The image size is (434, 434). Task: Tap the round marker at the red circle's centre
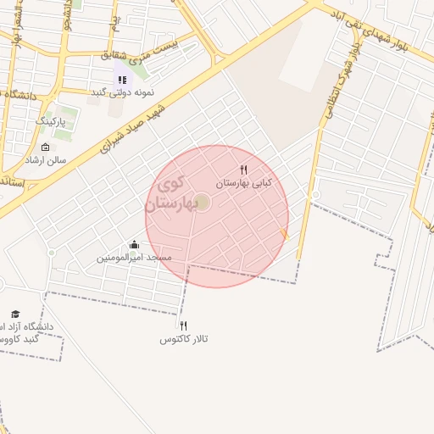(x=202, y=202)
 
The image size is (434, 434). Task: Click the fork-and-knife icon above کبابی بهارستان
(x=244, y=170)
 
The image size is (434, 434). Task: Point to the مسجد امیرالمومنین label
(x=134, y=257)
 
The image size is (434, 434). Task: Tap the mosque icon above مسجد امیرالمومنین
(x=134, y=245)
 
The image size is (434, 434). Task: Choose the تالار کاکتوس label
(x=184, y=339)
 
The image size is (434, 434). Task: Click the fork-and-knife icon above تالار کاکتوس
(x=183, y=325)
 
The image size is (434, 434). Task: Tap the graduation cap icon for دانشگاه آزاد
(x=14, y=314)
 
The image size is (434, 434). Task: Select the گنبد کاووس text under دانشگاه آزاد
(x=17, y=339)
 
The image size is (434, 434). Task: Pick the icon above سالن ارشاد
(x=45, y=147)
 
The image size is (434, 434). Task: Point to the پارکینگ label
(x=56, y=122)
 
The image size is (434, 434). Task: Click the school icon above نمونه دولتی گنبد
(x=122, y=80)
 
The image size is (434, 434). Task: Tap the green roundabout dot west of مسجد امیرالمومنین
(x=52, y=253)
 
